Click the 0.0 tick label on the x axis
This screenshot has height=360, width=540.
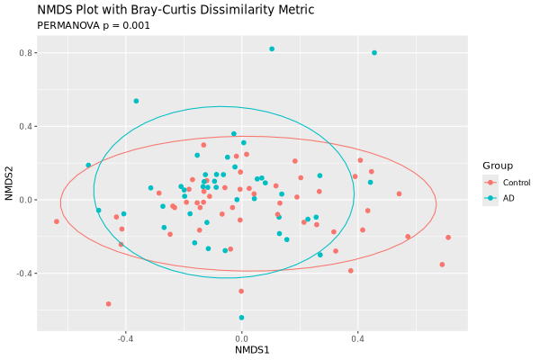click(241, 339)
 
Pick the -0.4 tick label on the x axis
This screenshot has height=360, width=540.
click(124, 339)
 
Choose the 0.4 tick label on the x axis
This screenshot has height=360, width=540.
click(357, 339)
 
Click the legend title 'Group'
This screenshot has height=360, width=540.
click(498, 166)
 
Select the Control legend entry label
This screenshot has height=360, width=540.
click(517, 183)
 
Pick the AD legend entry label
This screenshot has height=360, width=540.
click(508, 198)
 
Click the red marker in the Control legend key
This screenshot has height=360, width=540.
click(490, 183)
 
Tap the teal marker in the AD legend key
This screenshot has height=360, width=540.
click(490, 198)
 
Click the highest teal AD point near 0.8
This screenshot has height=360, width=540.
click(272, 49)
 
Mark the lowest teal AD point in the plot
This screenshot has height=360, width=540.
click(241, 318)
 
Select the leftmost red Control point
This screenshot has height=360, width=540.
click(57, 221)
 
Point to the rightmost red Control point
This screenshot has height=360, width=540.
click(448, 238)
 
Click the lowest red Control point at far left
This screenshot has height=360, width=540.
click(109, 304)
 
